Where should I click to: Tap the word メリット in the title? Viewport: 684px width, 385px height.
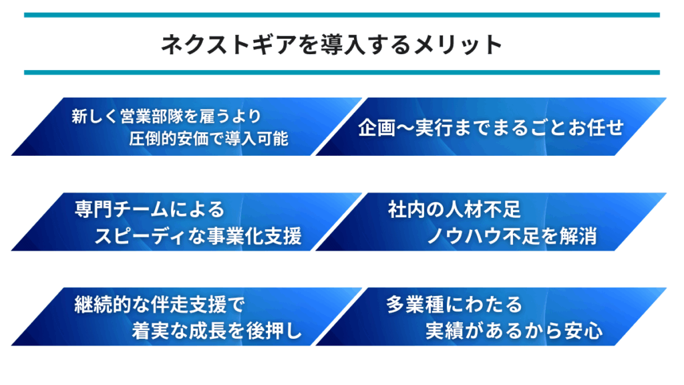point(458,45)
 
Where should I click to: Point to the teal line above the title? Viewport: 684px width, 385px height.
point(341,15)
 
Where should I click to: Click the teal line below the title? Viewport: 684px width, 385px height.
point(341,72)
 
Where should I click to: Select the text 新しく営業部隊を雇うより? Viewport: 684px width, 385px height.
point(166,116)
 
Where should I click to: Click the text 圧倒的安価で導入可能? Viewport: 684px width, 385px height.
point(208,139)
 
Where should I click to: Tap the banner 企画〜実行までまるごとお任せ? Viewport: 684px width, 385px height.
point(491,126)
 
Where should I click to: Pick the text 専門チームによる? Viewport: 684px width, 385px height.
point(150,209)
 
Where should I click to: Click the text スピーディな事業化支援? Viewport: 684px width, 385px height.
point(198,236)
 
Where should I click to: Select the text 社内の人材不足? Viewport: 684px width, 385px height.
point(454,209)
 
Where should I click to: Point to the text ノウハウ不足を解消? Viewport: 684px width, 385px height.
point(512,236)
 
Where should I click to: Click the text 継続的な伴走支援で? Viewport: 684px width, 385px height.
point(160,305)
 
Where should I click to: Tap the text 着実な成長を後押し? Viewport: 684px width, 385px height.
point(217,331)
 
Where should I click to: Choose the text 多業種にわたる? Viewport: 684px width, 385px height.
point(454,305)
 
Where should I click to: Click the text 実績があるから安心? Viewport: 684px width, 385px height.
point(514,331)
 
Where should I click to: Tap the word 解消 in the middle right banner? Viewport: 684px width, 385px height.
point(578,236)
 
